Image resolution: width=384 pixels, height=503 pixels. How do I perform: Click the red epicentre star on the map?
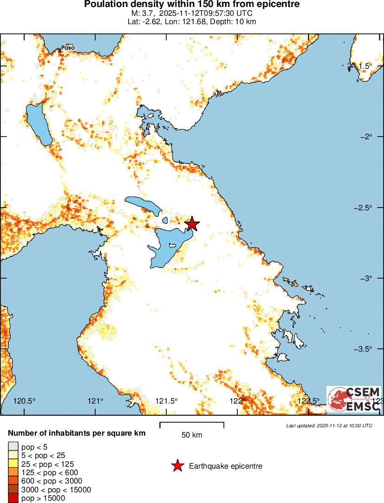click(192, 224)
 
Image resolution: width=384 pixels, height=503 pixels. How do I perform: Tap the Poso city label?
click(68, 47)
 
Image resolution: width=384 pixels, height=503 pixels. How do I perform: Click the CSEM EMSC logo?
click(354, 399)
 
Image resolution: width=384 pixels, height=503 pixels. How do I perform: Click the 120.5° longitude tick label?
click(25, 401)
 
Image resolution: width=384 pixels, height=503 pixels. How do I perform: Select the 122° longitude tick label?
click(238, 401)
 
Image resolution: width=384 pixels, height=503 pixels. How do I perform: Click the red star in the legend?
click(177, 466)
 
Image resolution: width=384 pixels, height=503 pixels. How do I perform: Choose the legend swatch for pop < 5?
click(12, 447)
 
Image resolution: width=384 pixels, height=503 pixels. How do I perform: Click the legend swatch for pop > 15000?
click(12, 498)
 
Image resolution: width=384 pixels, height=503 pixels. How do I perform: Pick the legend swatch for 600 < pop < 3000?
click(12, 481)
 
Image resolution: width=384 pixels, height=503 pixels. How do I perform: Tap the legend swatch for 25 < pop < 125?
click(12, 464)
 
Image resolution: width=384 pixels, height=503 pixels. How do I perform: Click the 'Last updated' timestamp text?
click(329, 425)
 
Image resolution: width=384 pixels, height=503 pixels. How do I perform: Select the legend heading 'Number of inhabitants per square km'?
click(77, 433)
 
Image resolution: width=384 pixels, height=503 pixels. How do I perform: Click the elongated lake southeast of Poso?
click(39, 124)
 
